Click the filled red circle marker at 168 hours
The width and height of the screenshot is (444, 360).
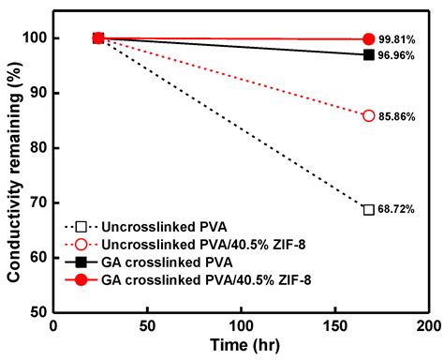click(368, 39)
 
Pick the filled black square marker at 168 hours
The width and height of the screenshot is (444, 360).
click(368, 54)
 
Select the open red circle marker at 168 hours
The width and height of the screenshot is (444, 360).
click(368, 115)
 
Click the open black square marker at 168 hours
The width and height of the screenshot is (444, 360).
click(368, 209)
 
